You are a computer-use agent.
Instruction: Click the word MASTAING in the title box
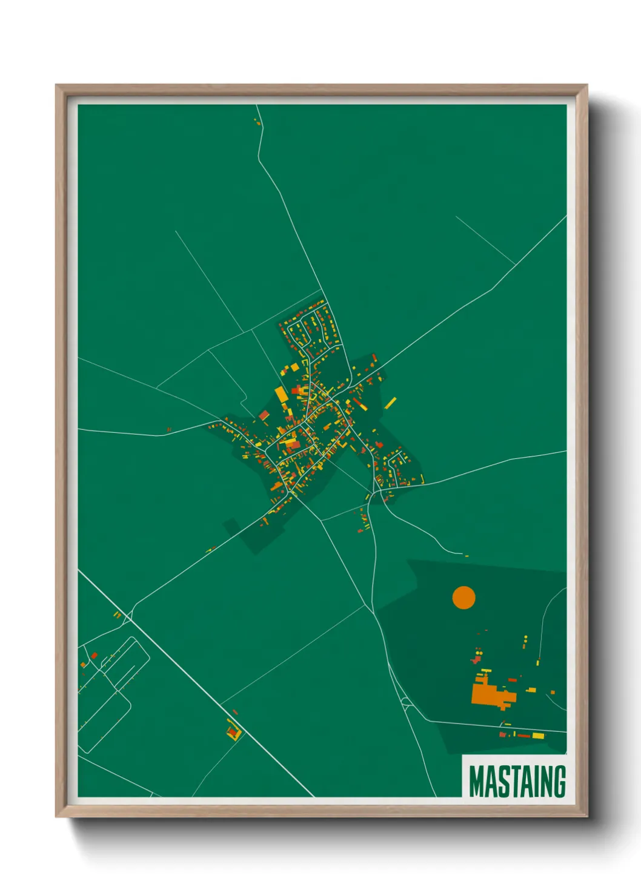(x=517, y=782)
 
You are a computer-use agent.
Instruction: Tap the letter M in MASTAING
(x=476, y=782)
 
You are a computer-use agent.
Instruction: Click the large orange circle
(x=463, y=598)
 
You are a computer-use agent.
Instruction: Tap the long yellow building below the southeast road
(x=538, y=736)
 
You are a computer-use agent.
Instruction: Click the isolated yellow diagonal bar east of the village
(x=391, y=403)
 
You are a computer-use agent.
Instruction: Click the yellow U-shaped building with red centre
(x=233, y=733)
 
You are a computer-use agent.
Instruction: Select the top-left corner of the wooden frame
(x=57, y=86)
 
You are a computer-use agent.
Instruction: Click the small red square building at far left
(x=94, y=655)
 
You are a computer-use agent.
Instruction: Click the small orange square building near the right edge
(x=553, y=691)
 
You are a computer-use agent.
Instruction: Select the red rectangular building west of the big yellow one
(x=264, y=415)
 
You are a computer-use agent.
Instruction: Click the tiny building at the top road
(x=256, y=121)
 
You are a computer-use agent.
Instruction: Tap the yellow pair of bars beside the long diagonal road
(x=118, y=615)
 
